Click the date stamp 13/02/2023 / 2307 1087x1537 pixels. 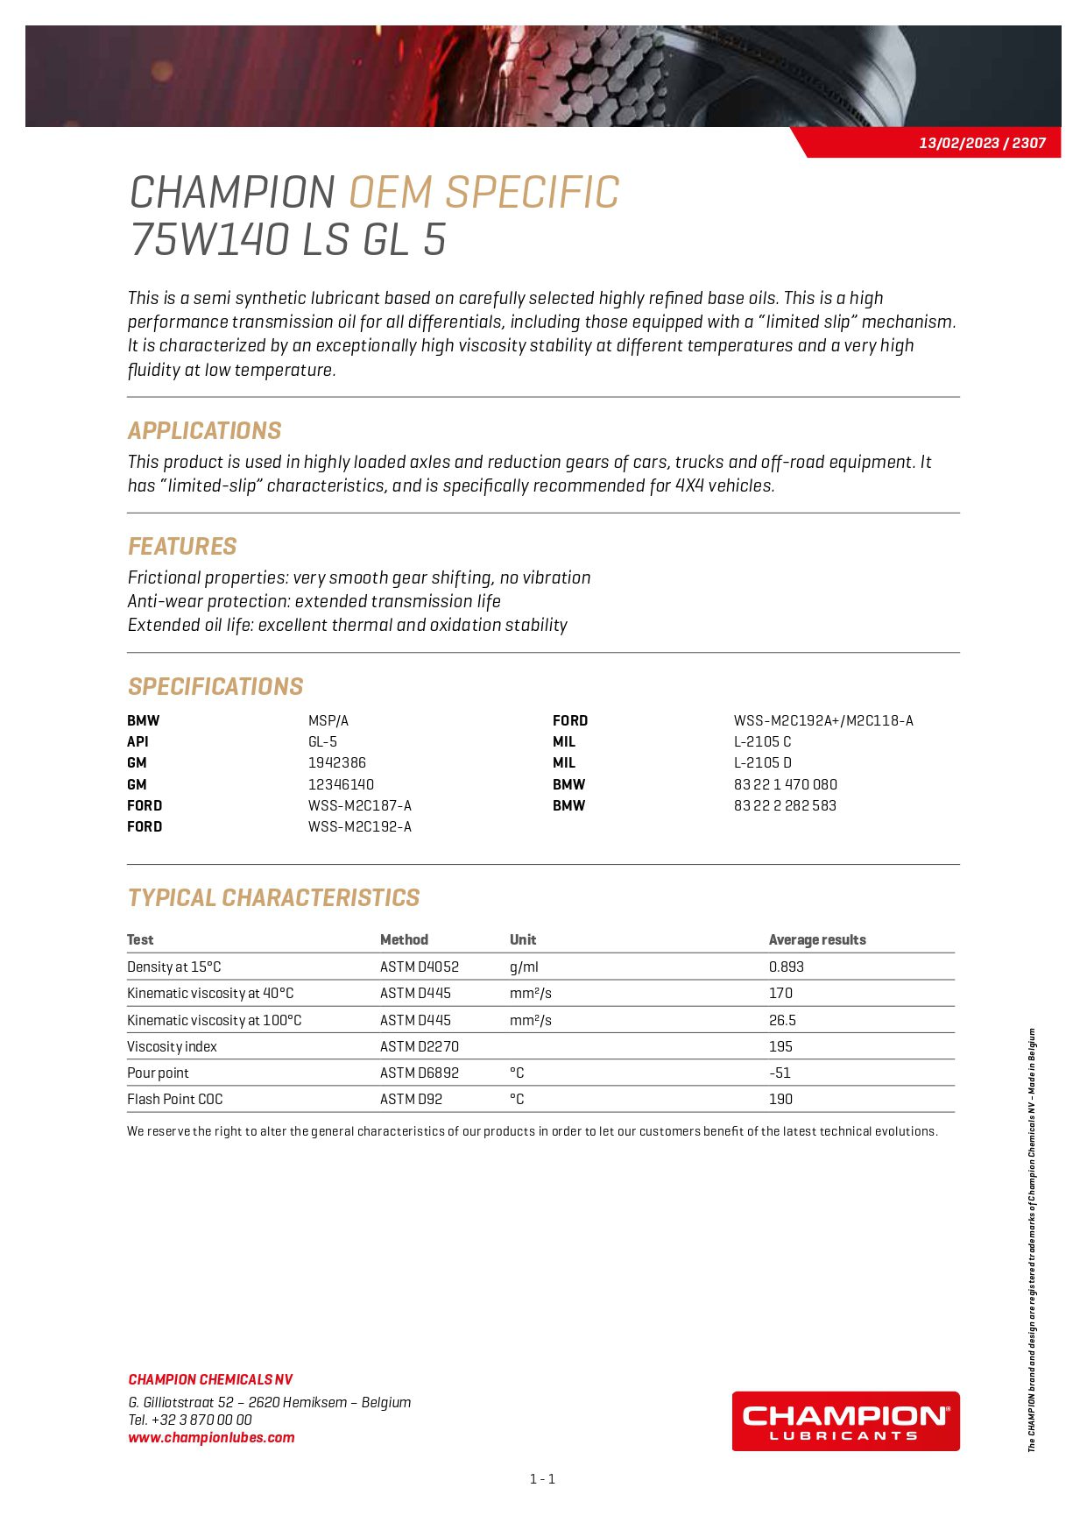pos(982,143)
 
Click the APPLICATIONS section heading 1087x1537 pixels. pos(204,430)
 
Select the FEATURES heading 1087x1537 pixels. pos(182,546)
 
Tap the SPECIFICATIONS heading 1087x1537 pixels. pos(215,686)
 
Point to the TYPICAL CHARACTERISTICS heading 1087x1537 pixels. pos(273,897)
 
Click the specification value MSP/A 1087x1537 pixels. pos(328,720)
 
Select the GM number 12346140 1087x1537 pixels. pos(341,784)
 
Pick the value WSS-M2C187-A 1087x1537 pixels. pos(359,805)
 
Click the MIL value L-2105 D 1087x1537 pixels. pos(762,762)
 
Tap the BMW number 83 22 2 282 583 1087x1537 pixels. pos(785,805)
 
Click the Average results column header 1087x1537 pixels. pos(816,939)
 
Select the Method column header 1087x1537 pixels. pos(404,939)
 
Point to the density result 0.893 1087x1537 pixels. pos(786,967)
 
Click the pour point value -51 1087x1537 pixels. pos(780,1073)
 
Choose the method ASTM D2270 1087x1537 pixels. pos(419,1046)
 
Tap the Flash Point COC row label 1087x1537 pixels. pos(175,1099)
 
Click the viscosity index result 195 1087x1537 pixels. pos(780,1046)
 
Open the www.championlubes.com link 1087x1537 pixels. pos(211,1437)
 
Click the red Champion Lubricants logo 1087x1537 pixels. pos(845,1420)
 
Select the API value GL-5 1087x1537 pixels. pos(322,741)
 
